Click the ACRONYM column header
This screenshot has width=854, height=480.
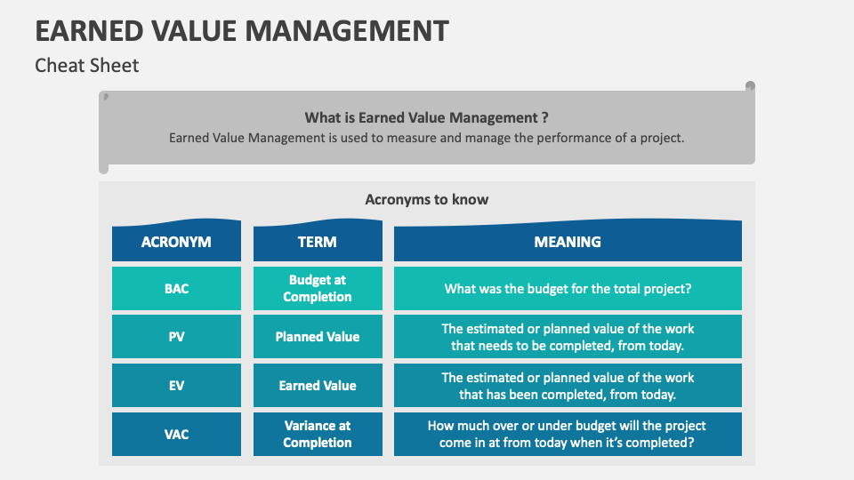176,241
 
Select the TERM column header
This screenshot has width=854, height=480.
318,241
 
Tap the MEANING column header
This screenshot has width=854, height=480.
568,241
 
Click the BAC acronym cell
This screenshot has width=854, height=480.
176,288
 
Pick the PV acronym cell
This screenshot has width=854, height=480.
176,336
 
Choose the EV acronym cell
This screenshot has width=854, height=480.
176,385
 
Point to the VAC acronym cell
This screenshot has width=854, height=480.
176,435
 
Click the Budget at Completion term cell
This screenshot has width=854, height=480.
318,288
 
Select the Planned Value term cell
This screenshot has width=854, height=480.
318,336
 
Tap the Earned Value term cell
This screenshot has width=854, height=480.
318,385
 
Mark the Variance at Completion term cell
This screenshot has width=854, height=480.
318,435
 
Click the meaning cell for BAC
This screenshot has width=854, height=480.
568,288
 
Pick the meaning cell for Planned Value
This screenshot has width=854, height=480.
568,336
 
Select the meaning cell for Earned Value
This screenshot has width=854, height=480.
568,385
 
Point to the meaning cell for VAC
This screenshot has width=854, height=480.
568,435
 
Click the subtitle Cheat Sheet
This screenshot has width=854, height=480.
86,65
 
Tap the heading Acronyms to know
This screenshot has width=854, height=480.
426,200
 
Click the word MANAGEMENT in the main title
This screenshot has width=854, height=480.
347,31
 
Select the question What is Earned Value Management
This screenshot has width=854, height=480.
426,117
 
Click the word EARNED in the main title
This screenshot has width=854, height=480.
89,31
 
